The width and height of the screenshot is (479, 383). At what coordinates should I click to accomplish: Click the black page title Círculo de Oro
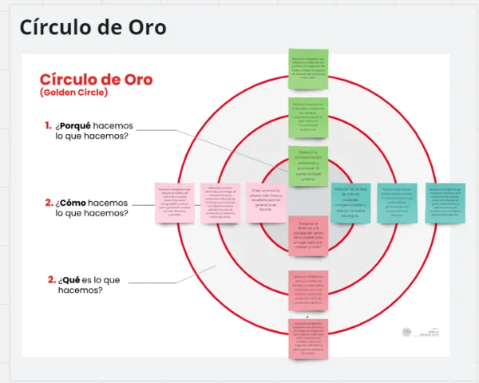[x=93, y=27]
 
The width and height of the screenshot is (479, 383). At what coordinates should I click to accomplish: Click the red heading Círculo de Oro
[x=96, y=79]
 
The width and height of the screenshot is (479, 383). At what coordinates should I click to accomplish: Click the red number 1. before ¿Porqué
[x=49, y=125]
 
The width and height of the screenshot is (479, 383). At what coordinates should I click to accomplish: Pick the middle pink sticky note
[x=220, y=203]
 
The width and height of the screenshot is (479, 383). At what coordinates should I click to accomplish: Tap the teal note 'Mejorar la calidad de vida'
[x=350, y=202]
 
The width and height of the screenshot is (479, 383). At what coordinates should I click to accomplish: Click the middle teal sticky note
[x=397, y=203]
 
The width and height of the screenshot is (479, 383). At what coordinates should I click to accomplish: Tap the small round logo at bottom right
[x=407, y=330]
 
